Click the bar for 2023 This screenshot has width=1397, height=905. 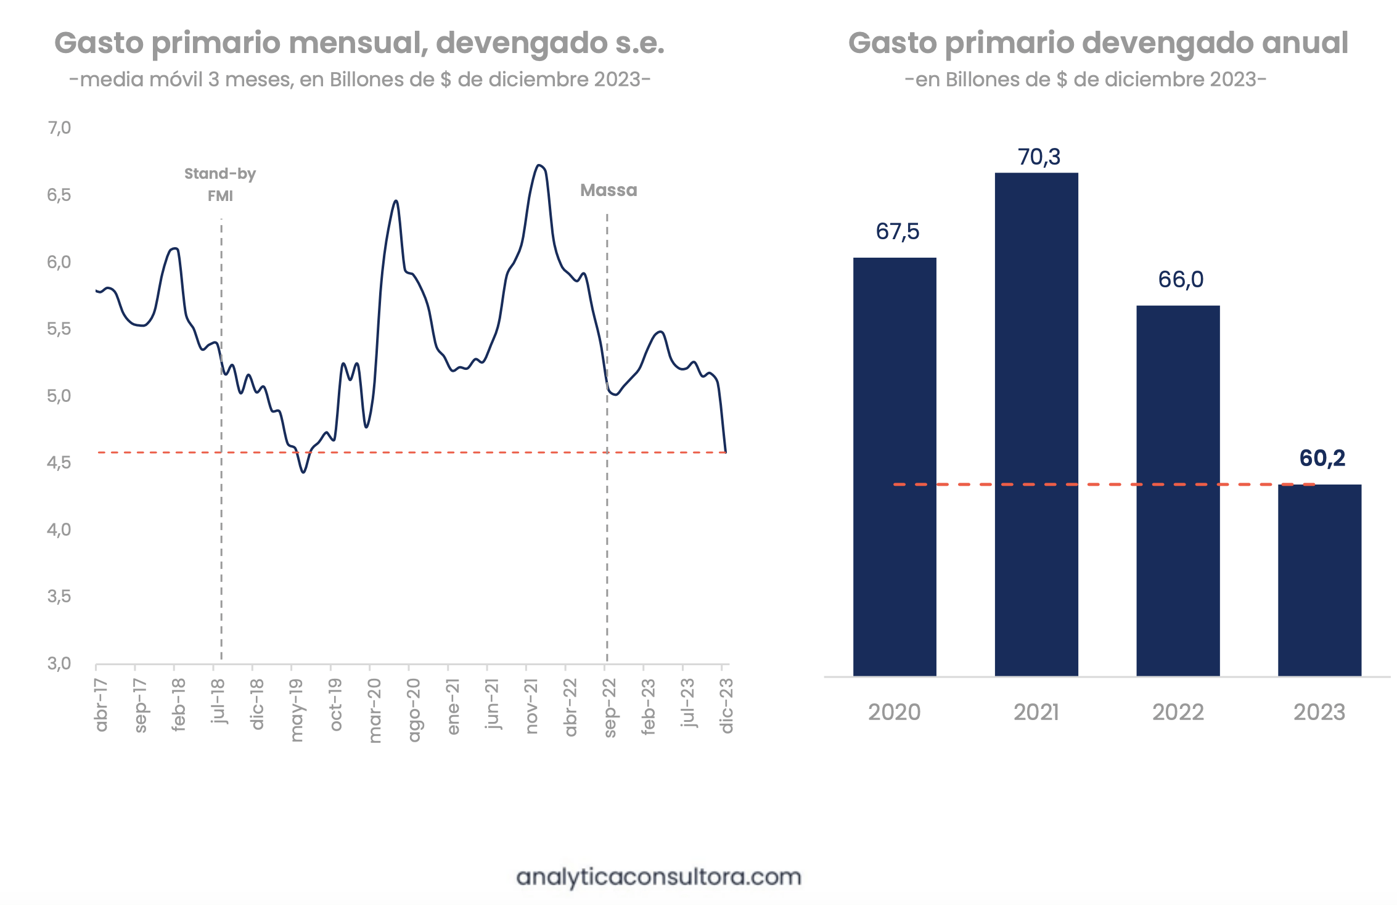click(x=1319, y=580)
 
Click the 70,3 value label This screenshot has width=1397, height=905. click(x=1039, y=157)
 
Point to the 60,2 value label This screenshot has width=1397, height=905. click(x=1322, y=458)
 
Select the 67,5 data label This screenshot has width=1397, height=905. click(x=897, y=232)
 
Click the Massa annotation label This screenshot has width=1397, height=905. click(x=608, y=190)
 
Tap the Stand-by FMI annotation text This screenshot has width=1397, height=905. click(x=220, y=184)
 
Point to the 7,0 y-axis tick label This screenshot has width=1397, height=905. click(x=59, y=128)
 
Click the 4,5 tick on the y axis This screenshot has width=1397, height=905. click(x=59, y=462)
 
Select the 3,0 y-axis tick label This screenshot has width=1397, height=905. click(x=59, y=663)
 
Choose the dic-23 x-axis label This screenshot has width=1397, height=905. click(x=727, y=705)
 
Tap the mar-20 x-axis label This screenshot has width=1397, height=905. click(x=375, y=710)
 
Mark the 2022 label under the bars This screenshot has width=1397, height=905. click(x=1178, y=713)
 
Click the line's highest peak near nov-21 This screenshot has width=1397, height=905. click(x=539, y=165)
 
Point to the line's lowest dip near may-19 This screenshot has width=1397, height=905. click(x=303, y=472)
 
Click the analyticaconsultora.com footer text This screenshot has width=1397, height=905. click(x=658, y=877)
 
